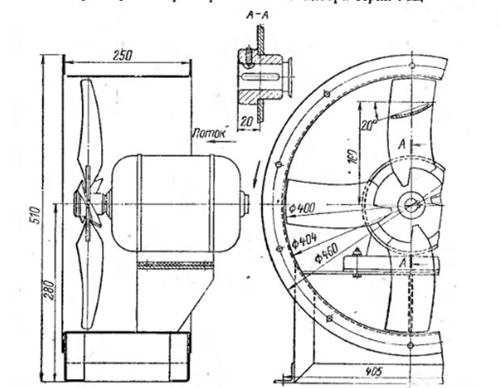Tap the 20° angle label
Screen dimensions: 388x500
[370, 125]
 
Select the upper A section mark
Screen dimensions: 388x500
[403, 140]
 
